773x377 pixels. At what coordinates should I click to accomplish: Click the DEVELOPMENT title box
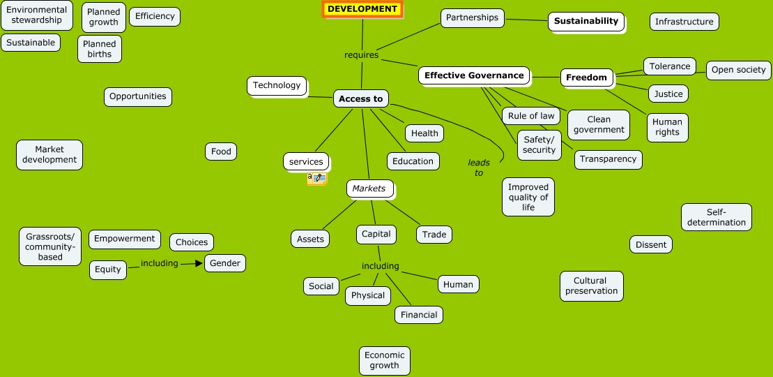[x=362, y=9]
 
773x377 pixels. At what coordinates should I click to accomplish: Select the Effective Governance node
[x=474, y=75]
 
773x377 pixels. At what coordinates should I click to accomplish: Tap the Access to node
[x=360, y=98]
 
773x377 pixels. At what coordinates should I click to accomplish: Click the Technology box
[x=277, y=86]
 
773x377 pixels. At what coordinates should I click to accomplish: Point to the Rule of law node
[x=531, y=116]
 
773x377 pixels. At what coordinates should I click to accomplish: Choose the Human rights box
[x=667, y=126]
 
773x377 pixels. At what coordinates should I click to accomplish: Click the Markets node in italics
[x=369, y=188]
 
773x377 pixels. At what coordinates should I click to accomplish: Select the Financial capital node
[x=419, y=315]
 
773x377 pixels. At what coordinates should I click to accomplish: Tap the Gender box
[x=225, y=263]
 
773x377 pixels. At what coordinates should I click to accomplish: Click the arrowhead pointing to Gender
[x=199, y=263]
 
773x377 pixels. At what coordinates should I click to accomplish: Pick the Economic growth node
[x=384, y=360]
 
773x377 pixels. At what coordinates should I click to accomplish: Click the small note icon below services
[x=316, y=179]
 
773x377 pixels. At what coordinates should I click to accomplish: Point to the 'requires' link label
[x=361, y=54]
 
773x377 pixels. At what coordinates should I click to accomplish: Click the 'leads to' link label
[x=479, y=168]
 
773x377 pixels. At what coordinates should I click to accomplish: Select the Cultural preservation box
[x=591, y=286]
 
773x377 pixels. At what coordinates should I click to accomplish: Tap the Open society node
[x=738, y=70]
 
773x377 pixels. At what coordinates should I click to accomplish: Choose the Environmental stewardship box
[x=37, y=15]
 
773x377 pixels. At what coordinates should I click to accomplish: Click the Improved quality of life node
[x=528, y=197]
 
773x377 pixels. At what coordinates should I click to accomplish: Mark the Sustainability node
[x=586, y=21]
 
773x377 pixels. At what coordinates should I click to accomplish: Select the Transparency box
[x=608, y=159]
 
